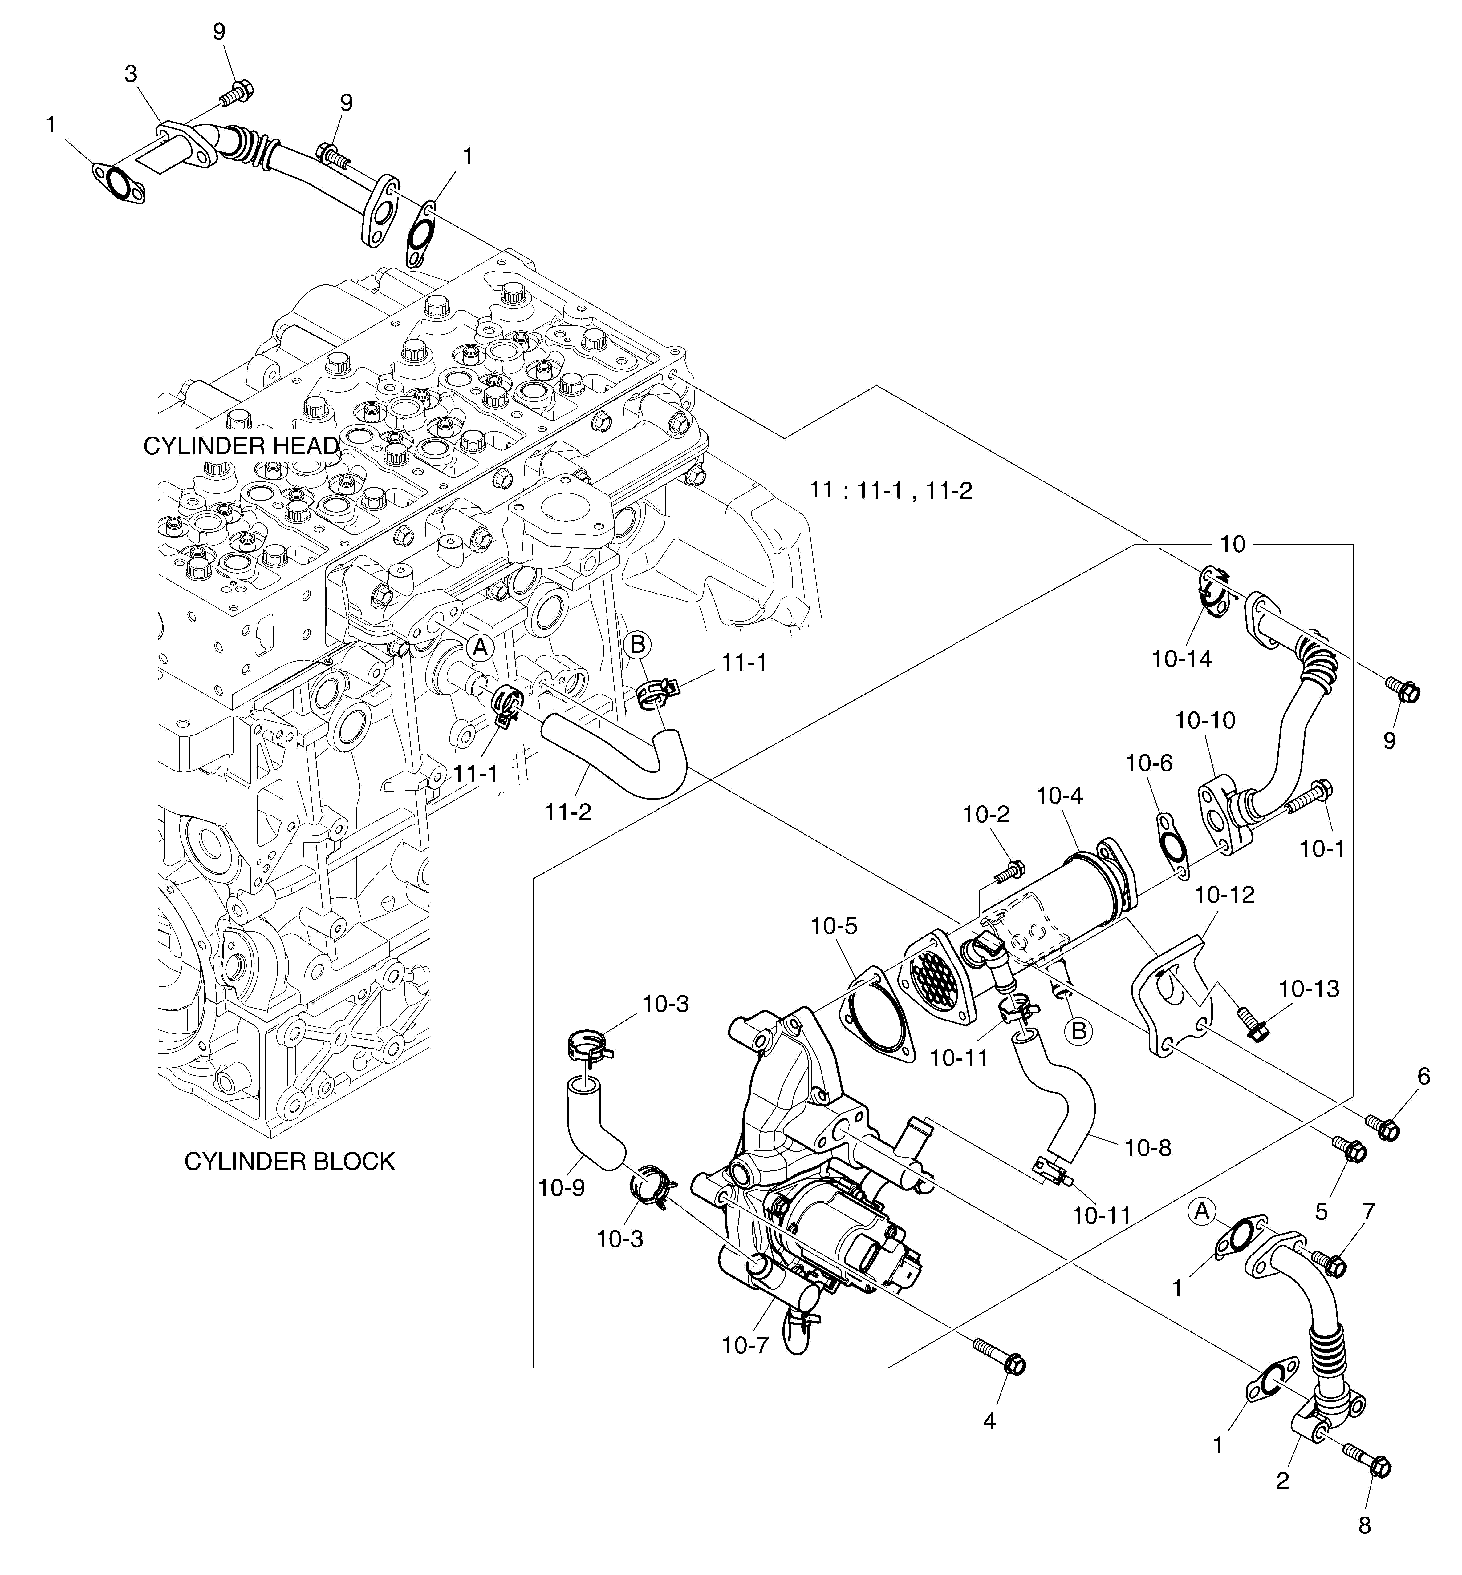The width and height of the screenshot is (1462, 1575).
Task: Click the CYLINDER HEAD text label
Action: point(241,446)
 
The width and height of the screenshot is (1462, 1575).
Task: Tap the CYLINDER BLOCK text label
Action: point(289,1162)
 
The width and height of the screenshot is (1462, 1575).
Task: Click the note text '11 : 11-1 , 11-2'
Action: point(891,491)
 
